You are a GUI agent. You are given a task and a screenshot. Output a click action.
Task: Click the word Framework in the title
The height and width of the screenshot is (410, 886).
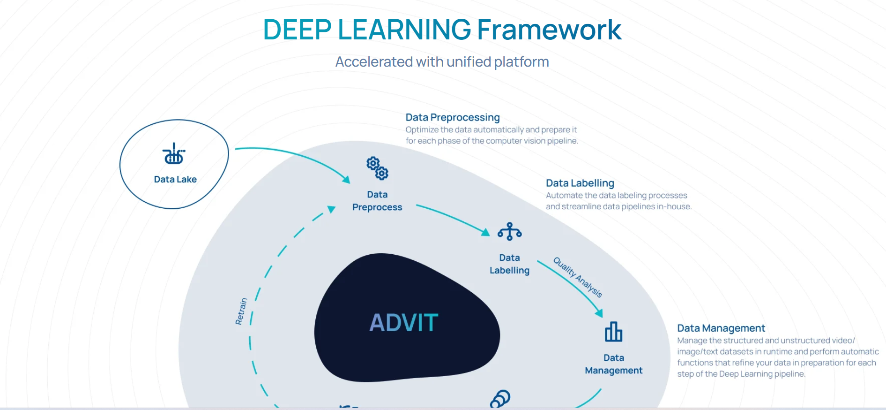point(549,30)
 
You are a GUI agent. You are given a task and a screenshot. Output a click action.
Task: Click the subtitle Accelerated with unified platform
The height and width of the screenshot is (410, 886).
point(442,62)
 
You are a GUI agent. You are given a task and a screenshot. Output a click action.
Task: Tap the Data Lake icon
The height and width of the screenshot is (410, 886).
point(174,153)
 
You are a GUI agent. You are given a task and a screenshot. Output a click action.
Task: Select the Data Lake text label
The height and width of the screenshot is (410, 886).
point(175,179)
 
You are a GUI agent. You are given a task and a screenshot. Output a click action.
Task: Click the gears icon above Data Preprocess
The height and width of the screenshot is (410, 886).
point(377,168)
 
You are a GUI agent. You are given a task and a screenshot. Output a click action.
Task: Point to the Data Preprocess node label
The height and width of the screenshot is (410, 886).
point(377,201)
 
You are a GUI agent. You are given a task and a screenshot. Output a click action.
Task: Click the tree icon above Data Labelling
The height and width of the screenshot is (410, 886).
point(510,232)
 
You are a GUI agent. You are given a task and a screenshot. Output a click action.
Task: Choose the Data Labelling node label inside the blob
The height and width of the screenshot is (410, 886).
point(509,264)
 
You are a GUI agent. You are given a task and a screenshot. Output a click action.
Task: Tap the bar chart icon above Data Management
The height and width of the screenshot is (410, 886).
point(614,332)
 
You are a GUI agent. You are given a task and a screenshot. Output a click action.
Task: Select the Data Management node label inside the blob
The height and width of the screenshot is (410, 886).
point(614,364)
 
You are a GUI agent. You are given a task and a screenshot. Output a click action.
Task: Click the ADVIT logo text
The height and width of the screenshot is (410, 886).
point(404,323)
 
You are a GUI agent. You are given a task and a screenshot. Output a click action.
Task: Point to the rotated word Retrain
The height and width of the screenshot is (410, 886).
point(241,311)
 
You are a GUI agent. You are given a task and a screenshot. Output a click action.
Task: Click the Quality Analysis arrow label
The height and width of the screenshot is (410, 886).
point(578,277)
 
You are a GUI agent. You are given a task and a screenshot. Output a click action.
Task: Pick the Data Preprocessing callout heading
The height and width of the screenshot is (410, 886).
point(453,117)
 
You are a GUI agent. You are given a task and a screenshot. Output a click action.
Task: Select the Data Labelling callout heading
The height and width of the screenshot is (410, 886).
point(580,183)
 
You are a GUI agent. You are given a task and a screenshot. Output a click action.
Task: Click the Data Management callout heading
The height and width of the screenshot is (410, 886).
point(721,328)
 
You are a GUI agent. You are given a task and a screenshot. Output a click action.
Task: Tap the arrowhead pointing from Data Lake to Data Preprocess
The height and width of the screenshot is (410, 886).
point(346,179)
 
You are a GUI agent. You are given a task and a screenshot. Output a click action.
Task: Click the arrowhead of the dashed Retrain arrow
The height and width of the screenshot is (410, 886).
point(331,209)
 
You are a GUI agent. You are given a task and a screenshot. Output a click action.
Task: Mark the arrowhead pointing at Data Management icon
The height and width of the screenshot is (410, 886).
point(599,313)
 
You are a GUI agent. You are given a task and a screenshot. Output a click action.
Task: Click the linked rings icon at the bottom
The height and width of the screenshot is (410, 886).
point(500,399)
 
